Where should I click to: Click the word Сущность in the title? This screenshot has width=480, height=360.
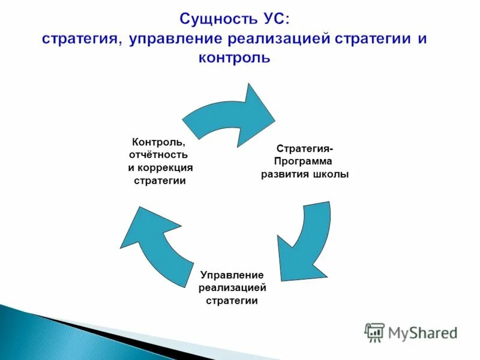click(212, 20)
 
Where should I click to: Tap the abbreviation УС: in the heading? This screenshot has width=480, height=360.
click(271, 20)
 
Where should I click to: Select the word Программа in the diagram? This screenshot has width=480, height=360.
click(304, 161)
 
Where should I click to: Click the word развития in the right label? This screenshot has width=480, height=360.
click(286, 174)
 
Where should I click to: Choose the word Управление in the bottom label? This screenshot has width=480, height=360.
click(232, 275)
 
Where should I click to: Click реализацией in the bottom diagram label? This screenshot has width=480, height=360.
click(232, 287)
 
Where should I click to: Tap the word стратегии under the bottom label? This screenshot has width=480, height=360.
click(232, 300)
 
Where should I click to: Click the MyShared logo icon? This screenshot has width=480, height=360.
click(375, 332)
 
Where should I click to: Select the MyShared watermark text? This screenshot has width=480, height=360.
click(423, 332)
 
